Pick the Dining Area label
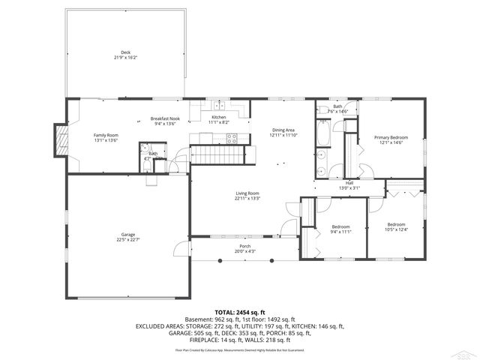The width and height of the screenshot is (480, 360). coord(283,130)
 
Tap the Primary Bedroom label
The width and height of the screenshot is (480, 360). coord(391,137)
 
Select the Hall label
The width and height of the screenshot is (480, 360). coord(349,182)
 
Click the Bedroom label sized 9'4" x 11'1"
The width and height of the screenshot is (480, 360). coord(341,226)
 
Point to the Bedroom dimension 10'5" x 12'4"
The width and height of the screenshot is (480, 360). coord(396,229)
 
